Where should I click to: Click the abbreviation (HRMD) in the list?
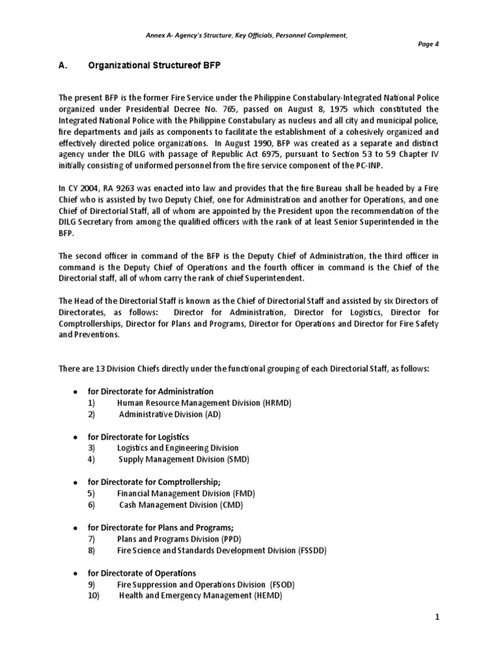[x=277, y=403]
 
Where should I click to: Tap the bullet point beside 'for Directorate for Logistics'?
[x=76, y=438]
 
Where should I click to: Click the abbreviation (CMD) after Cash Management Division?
[x=230, y=505]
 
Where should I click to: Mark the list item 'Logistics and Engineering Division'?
[x=178, y=448]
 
